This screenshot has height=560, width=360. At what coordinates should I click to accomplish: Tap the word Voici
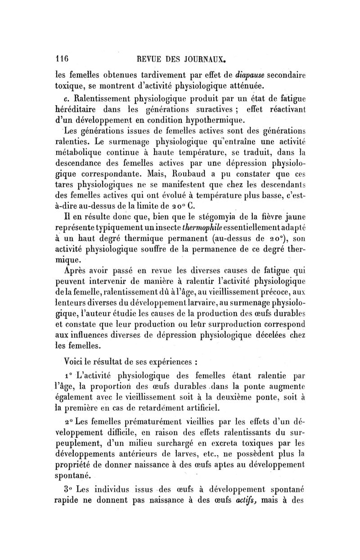[x=77, y=360]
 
